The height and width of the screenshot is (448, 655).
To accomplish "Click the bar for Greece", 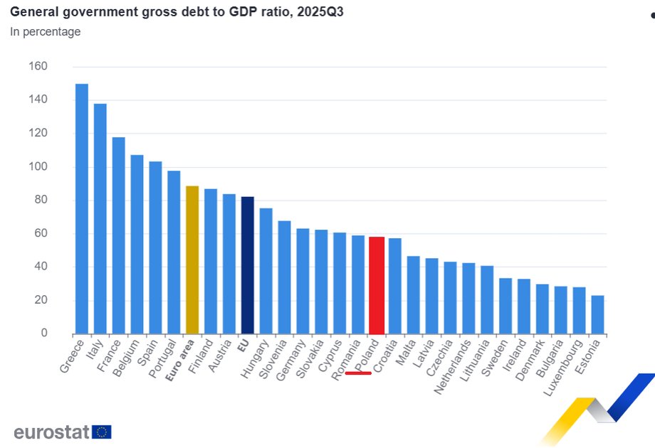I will pos(82,209).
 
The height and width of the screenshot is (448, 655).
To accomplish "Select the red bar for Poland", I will pos(377,285).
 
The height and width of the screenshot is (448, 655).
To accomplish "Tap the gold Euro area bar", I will pos(192,260).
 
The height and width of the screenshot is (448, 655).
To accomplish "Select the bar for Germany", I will pos(303,281).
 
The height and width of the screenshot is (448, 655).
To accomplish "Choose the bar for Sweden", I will pos(505,306).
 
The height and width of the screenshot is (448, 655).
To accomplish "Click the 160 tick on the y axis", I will pos(38,67).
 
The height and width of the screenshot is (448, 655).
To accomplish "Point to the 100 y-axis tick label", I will pos(38,167).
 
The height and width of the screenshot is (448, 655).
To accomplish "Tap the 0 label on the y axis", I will pos(43,334).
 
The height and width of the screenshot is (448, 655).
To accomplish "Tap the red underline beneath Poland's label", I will pos(358,373).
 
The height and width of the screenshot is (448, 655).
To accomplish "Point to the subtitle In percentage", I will pos(45,31).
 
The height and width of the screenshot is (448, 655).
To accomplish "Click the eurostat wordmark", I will pos(51,432).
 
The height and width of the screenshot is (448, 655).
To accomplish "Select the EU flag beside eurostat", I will pos(101,432).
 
